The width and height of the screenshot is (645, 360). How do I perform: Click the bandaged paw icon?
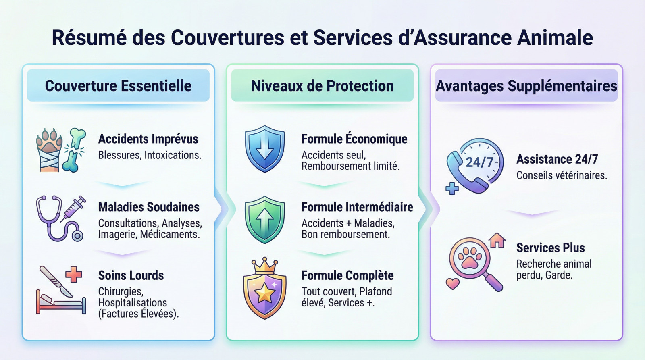click(x=49, y=149)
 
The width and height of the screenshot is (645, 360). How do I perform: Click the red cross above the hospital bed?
click(x=73, y=275)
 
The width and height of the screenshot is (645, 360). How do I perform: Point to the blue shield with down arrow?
click(x=264, y=149)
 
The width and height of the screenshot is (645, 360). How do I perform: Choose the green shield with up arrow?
click(x=264, y=219)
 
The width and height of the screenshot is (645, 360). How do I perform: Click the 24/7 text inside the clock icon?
click(x=480, y=162)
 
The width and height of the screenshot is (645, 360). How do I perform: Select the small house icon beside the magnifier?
click(x=497, y=240)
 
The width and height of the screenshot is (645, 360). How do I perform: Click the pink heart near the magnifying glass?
click(x=453, y=283)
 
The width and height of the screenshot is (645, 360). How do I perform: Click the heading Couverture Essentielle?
click(x=118, y=86)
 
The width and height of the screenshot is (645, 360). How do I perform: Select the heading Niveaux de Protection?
click(x=322, y=86)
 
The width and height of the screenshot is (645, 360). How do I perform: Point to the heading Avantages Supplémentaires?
click(x=526, y=86)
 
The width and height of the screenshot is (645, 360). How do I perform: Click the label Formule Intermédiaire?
click(x=357, y=207)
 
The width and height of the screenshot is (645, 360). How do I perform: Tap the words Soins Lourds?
click(x=131, y=275)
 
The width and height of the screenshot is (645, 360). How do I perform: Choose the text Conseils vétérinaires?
click(x=562, y=175)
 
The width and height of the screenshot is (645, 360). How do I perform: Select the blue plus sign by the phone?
click(x=452, y=188)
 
